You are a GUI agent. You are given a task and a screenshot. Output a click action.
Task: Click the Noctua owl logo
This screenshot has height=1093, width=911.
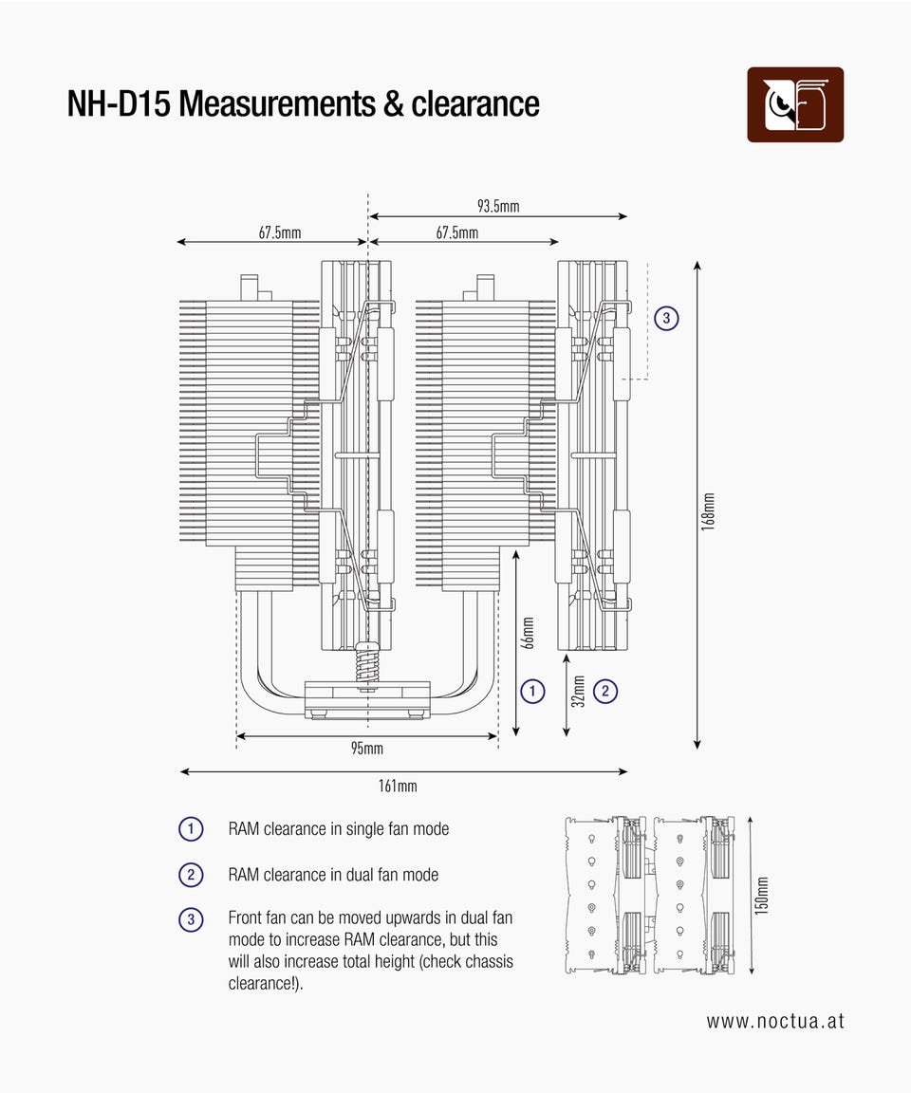point(795,104)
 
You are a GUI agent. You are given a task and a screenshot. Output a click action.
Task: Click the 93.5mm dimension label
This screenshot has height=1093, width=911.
point(498,206)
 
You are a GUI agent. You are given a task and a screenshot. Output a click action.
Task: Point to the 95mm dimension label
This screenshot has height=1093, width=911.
point(366,749)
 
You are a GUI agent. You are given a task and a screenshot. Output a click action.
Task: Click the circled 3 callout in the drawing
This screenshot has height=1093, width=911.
point(667,319)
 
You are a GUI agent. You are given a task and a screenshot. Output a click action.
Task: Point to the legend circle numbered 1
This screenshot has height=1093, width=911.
point(191,829)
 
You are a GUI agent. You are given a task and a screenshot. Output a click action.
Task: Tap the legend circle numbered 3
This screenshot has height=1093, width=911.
point(191,919)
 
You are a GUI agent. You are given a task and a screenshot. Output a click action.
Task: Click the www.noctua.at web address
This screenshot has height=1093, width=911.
point(774,1022)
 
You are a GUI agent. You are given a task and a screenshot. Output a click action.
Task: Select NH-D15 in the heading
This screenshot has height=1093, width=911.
point(119,103)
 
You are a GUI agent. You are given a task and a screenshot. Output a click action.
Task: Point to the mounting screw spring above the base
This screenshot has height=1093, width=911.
point(366,662)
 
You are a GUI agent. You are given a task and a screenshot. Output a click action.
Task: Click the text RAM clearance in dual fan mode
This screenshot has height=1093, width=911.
point(333,875)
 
